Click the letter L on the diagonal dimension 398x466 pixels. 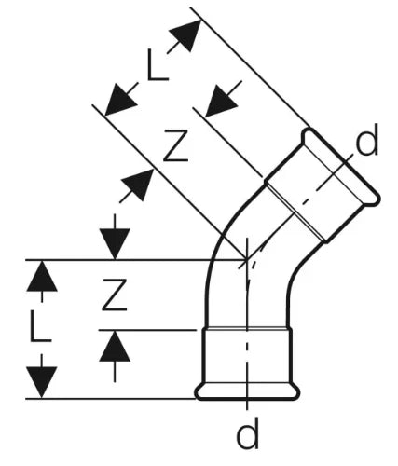coord(158,64)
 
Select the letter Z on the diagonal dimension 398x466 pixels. coord(176,145)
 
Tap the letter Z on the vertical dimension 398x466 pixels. coord(115,295)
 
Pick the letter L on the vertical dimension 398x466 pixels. coord(40,326)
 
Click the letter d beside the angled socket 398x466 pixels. coord(367,139)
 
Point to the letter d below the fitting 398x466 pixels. coord(247,432)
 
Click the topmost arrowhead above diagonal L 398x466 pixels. coord(186,34)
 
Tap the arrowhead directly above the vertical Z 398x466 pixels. coord(115,244)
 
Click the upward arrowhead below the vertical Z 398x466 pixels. coord(115,346)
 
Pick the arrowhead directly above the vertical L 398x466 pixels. coord(42,276)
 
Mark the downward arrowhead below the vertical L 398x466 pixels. coord(42,382)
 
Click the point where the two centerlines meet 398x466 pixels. coord(247,259)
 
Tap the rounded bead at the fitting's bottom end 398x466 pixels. coord(247,392)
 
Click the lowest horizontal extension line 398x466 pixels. coord(111,398)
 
